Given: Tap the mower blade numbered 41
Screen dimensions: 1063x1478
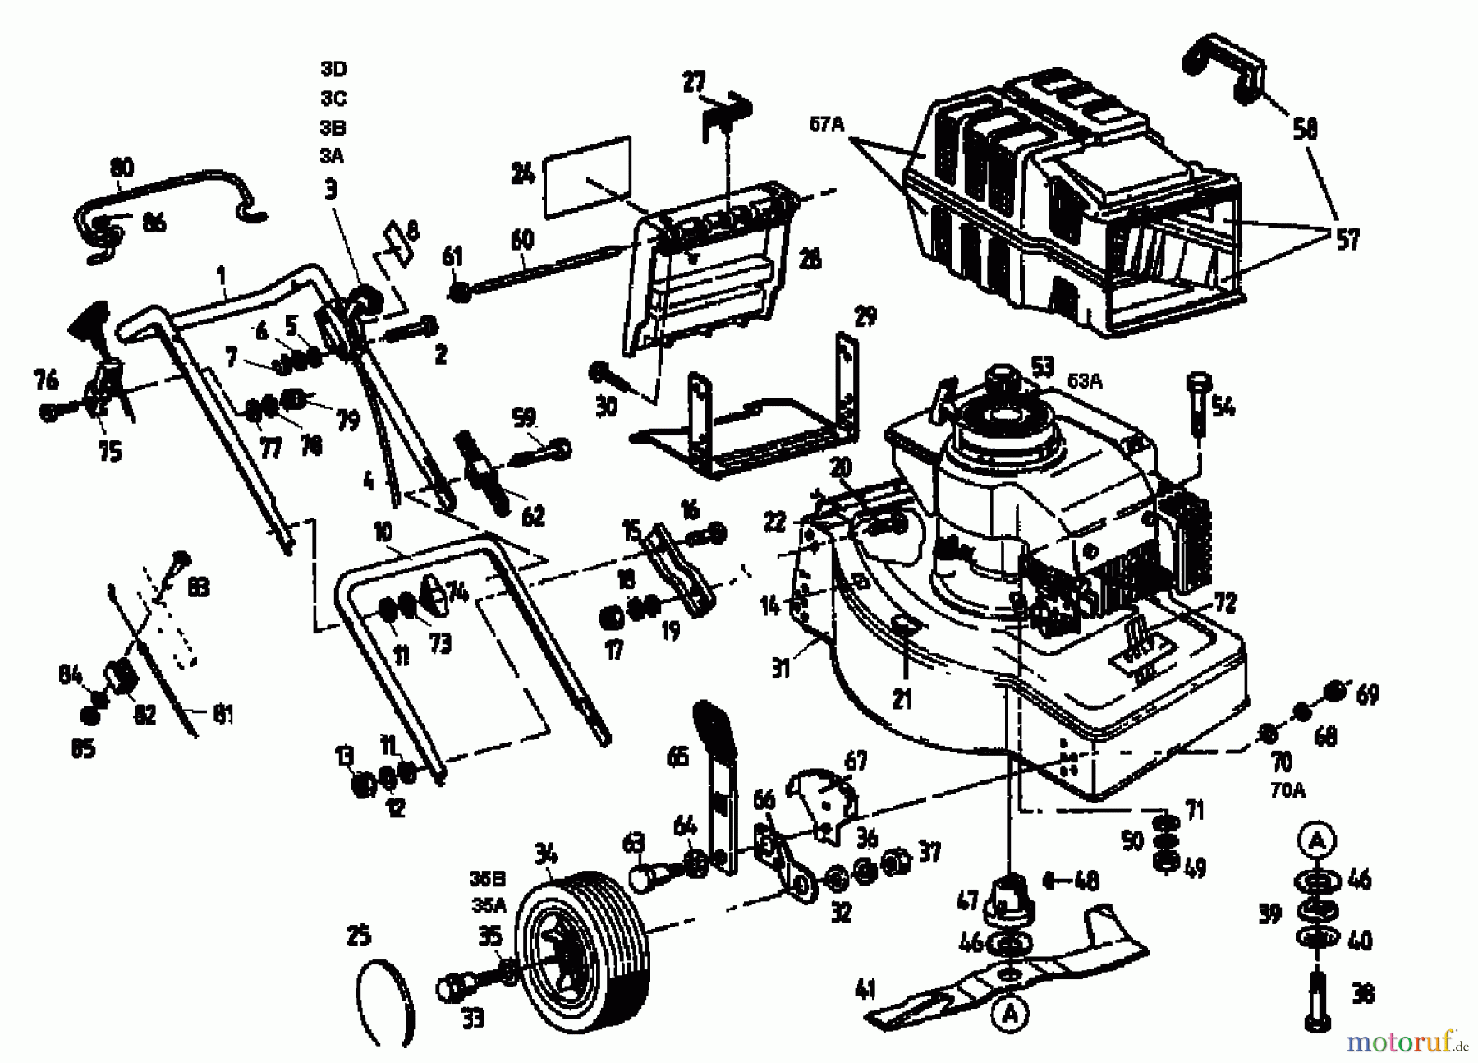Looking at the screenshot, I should [1010, 972].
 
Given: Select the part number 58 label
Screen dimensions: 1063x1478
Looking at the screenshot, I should [1305, 129].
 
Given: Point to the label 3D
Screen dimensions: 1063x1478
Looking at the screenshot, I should [333, 69].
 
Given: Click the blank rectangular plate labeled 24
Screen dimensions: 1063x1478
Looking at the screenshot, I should [586, 177].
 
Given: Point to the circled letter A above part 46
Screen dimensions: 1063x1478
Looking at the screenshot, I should [1317, 840].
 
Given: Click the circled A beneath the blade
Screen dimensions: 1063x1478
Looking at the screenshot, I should [1010, 1015].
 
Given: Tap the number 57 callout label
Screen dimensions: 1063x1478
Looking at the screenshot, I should [1347, 240].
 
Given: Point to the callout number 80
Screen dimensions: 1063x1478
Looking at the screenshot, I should [121, 168].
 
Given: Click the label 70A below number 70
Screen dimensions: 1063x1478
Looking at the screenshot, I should [1287, 790].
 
